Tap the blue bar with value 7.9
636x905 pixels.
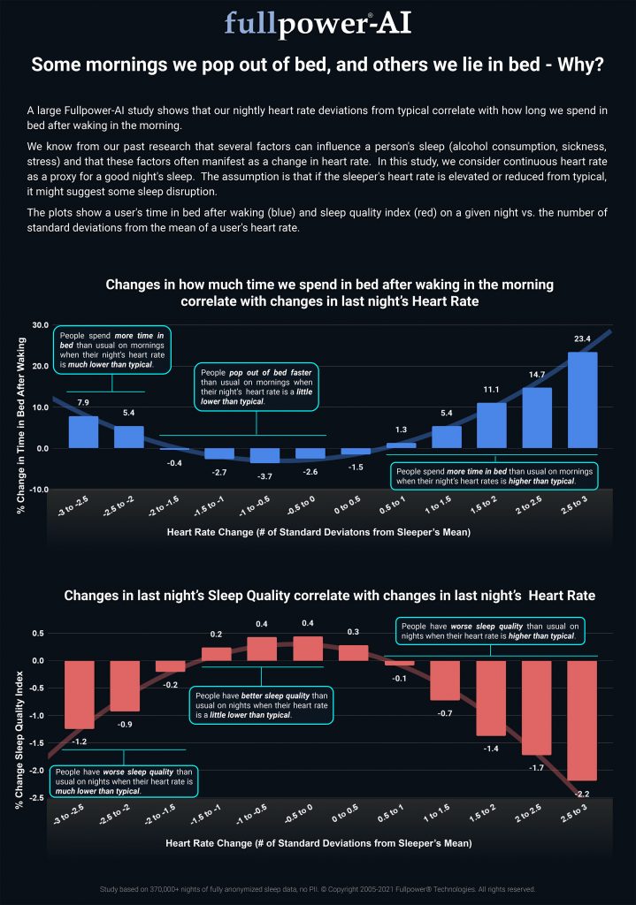[x=83, y=431]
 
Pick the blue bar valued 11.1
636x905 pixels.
[x=492, y=425]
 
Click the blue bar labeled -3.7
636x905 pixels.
[x=264, y=455]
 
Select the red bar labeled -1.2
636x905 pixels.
[x=80, y=695]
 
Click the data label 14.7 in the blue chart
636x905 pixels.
[x=537, y=375]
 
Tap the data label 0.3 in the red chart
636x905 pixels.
[x=354, y=632]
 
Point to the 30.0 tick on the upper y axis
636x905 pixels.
[x=39, y=325]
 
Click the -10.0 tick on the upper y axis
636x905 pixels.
[x=38, y=490]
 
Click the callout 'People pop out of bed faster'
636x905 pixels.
[x=256, y=385]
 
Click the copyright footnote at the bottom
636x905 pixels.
[x=318, y=889]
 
